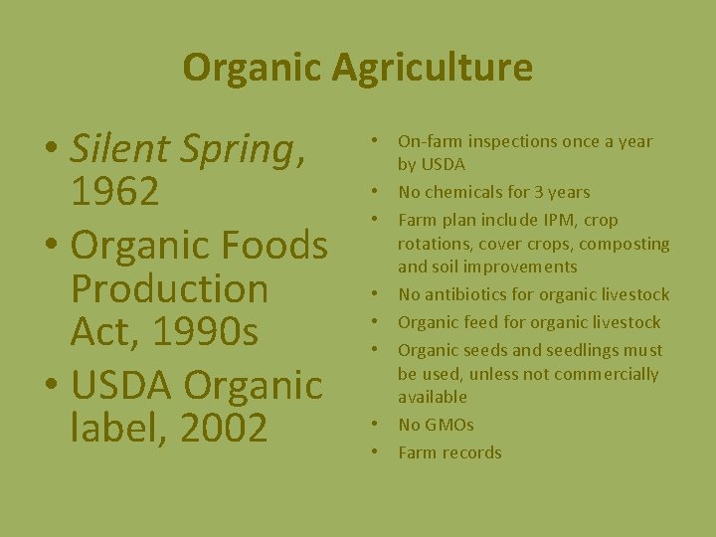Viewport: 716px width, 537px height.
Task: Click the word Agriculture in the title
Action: (433, 68)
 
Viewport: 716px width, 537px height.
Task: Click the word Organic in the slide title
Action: (253, 68)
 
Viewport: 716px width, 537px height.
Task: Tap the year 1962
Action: (114, 193)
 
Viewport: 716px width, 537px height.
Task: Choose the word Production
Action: (169, 288)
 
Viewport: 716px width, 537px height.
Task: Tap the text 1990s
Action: (209, 332)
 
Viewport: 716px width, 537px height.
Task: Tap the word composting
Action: (625, 244)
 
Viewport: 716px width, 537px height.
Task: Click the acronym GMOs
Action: (449, 425)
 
